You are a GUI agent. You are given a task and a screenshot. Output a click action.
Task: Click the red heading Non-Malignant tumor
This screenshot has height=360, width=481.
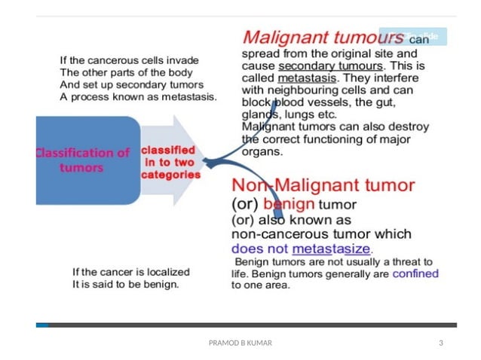click(x=323, y=185)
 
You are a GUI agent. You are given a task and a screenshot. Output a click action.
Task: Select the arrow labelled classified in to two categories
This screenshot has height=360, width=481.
click(x=171, y=162)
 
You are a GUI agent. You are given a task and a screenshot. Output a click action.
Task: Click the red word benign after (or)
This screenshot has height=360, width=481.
click(x=290, y=203)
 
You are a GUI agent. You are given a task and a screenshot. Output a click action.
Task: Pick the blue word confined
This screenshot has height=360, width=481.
click(x=415, y=273)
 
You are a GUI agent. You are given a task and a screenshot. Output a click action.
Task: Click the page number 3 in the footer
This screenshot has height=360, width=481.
click(x=440, y=343)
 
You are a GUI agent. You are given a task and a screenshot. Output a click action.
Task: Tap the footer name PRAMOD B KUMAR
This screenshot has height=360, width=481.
click(x=240, y=343)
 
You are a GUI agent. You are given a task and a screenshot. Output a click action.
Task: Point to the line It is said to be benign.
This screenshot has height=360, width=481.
click(x=125, y=284)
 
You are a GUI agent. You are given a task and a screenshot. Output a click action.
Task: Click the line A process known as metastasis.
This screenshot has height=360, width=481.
click(x=138, y=97)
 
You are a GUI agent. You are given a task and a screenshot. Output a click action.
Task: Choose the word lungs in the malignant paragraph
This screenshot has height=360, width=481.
click(x=297, y=114)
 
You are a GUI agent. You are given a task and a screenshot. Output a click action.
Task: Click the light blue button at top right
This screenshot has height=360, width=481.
click(x=413, y=36)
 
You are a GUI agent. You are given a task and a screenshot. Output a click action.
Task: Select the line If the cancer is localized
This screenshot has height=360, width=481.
click(x=130, y=271)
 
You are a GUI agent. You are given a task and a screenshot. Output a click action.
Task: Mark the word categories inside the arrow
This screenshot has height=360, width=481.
click(x=171, y=175)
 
